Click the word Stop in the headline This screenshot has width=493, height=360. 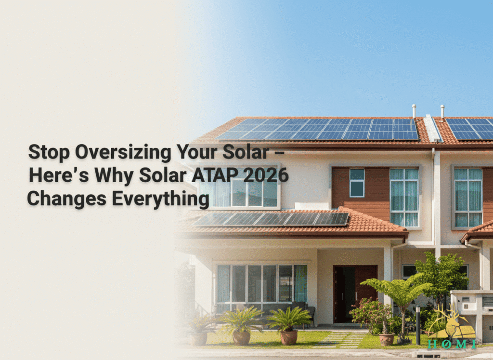(49, 152)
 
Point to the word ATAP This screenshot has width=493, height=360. (215, 175)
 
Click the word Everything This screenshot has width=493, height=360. (160, 199)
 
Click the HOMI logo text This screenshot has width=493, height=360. (452, 344)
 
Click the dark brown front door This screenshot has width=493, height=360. (355, 293)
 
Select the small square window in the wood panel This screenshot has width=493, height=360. (357, 183)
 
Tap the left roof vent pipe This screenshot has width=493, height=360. (414, 111)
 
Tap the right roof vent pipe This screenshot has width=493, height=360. (442, 111)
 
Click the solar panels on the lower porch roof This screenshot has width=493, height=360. (271, 219)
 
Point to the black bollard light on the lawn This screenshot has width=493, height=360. (418, 325)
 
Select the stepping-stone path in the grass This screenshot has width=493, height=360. (341, 340)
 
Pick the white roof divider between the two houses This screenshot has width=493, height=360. (433, 128)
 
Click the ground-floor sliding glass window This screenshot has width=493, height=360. (261, 284)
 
